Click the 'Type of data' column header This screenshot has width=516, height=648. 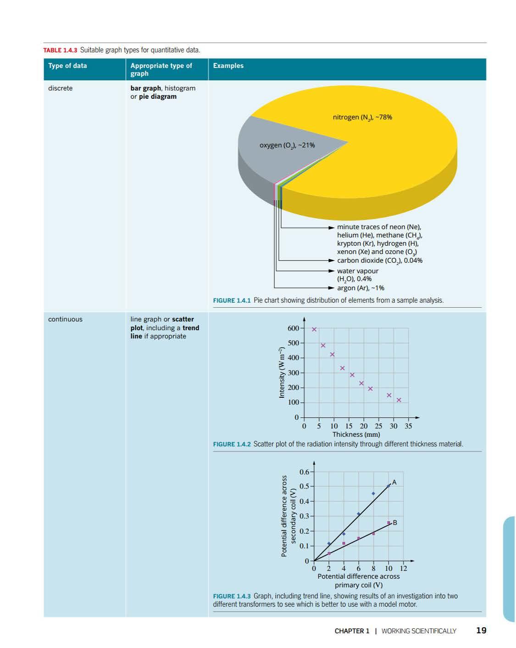point(67,66)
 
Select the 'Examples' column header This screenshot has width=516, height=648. point(228,66)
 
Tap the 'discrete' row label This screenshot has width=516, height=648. point(60,88)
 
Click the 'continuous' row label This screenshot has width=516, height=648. point(65,319)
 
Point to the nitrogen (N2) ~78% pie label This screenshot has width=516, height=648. point(362,117)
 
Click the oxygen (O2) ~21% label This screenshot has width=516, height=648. point(287,145)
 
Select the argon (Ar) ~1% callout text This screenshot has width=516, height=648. point(361,288)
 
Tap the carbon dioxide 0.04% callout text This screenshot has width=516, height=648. point(380,260)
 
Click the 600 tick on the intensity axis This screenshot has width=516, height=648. point(293,328)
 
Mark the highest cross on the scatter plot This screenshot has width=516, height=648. point(314,329)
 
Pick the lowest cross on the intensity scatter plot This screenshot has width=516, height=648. point(399,400)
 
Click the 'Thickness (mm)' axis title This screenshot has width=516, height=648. point(356,434)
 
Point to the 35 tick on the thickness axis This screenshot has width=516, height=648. point(408,426)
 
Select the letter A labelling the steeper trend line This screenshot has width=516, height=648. point(394,482)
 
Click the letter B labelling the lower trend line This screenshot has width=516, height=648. point(395,523)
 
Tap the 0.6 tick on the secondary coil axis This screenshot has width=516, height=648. point(304,472)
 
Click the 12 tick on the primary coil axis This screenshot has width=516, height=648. point(404,569)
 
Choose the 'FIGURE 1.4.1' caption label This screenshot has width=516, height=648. point(232,300)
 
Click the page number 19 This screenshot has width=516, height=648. point(481,631)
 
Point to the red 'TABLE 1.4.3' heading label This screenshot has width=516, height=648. point(61,50)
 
